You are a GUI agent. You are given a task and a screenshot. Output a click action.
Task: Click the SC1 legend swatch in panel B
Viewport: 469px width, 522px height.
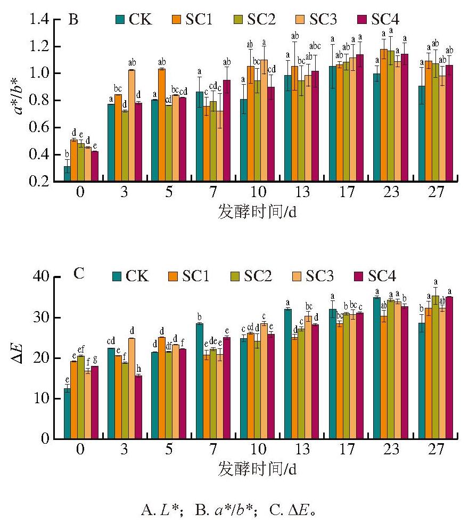click(x=177, y=19)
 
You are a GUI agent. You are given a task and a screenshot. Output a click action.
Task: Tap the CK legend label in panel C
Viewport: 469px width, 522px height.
click(x=137, y=276)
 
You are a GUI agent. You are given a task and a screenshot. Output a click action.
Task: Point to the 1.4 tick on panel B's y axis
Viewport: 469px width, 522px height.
click(x=39, y=19)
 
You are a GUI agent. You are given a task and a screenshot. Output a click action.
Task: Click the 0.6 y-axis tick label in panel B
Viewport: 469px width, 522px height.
click(x=39, y=127)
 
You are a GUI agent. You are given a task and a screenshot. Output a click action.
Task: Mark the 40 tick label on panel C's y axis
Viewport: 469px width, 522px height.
click(x=41, y=276)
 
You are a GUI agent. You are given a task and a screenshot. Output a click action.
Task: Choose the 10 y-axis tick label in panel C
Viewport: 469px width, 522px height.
click(x=41, y=398)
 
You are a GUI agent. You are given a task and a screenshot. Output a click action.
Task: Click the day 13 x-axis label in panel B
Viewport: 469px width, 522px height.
click(x=302, y=192)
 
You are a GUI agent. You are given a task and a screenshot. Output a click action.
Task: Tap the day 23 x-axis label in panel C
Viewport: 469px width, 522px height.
click(x=391, y=449)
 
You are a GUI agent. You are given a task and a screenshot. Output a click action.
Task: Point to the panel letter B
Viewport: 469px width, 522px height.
click(x=73, y=20)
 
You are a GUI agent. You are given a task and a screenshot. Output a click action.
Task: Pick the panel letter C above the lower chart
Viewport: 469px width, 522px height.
click(x=79, y=274)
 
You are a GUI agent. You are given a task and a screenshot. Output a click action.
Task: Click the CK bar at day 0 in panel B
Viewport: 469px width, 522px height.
click(x=67, y=174)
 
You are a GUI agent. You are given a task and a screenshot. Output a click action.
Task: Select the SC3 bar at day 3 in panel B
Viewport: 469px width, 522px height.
click(x=131, y=126)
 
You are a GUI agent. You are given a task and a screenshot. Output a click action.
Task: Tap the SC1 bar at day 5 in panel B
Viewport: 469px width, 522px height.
click(x=162, y=125)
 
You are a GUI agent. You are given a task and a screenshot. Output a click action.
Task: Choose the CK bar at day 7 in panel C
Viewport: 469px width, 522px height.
click(x=200, y=381)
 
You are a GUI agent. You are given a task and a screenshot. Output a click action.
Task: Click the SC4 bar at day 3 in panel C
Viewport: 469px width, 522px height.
click(x=138, y=407)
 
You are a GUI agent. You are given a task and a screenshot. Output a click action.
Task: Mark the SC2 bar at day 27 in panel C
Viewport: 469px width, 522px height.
click(x=435, y=367)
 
